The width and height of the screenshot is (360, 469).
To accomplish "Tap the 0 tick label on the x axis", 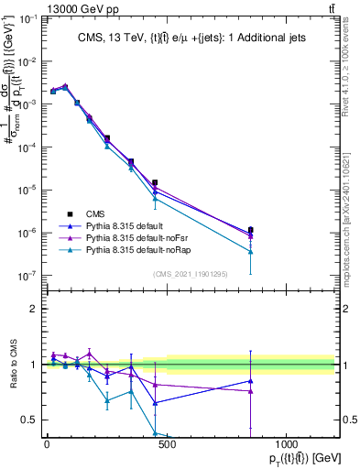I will point(47,445).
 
